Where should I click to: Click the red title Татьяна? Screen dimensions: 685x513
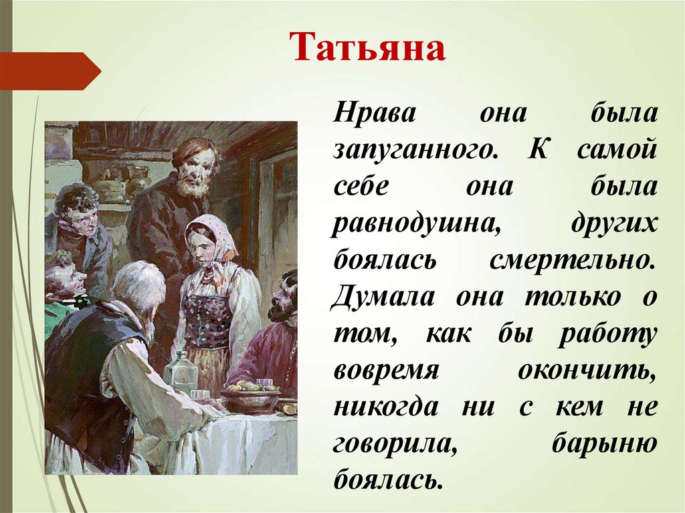point(367,47)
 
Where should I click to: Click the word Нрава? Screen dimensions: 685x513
point(375,114)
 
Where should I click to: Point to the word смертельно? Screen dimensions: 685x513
point(573,261)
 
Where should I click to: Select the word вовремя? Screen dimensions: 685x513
point(386,371)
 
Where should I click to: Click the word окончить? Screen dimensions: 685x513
point(587,371)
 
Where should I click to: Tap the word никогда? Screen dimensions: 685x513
point(386,407)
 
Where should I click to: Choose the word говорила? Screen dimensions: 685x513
point(395,444)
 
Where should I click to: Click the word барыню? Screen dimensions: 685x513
point(604,443)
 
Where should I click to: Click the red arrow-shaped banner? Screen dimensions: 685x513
point(50,71)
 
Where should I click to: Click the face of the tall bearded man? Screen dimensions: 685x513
point(195,170)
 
